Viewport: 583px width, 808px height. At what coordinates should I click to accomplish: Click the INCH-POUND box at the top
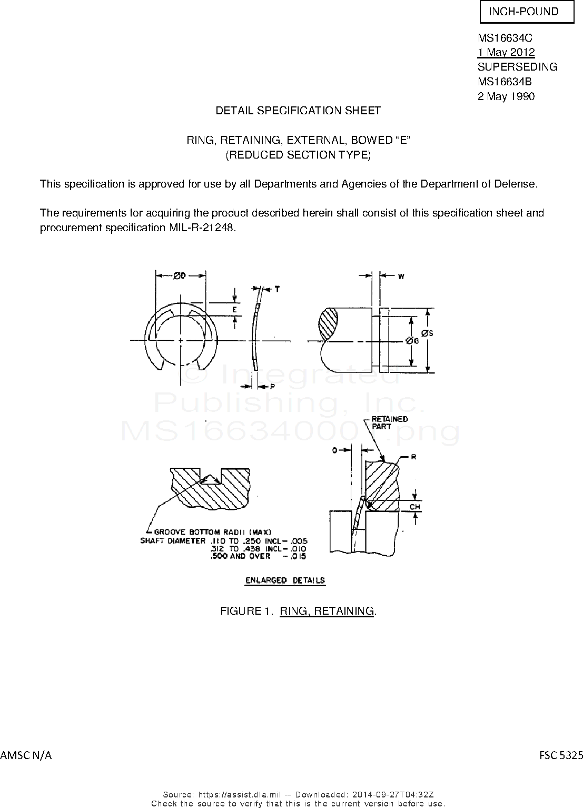click(526, 12)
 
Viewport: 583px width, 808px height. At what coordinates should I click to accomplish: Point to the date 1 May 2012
click(506, 52)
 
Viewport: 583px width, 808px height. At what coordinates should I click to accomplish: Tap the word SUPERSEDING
click(517, 67)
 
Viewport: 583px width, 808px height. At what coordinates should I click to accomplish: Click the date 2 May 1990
click(506, 96)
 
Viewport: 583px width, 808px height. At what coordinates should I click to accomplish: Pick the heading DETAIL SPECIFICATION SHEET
click(298, 111)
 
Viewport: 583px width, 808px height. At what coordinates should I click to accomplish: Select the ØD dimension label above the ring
click(180, 275)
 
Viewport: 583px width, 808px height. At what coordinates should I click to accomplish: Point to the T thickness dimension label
click(277, 289)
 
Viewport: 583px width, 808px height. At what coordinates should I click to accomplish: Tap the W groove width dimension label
click(401, 276)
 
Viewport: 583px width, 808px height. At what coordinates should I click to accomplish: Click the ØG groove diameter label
click(413, 341)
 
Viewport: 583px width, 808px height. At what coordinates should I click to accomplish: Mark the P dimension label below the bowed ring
click(272, 386)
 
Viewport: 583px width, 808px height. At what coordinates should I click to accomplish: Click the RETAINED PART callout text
click(390, 423)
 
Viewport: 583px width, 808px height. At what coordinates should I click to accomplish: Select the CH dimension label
click(415, 507)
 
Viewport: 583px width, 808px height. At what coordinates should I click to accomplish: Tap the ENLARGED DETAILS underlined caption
click(285, 580)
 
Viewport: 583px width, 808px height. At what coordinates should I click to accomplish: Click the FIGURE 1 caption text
click(298, 611)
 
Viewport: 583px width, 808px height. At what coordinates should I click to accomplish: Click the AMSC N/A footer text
click(26, 755)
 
